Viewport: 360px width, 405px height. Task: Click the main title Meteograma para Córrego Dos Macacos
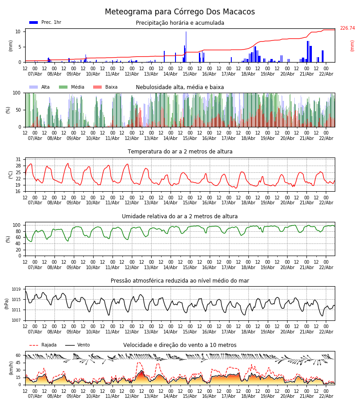[180, 12]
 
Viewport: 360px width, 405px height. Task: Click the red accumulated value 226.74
[347, 28]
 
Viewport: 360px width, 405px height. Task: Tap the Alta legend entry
[45, 87]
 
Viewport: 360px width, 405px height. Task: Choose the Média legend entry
[77, 87]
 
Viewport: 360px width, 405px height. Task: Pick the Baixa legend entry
[111, 87]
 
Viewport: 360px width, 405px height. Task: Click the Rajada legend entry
[49, 345]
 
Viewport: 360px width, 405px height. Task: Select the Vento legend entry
[84, 345]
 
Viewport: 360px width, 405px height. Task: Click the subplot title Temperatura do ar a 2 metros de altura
[180, 152]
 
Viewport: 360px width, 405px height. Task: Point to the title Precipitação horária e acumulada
[180, 23]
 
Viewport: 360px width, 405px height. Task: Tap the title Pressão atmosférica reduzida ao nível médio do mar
[180, 281]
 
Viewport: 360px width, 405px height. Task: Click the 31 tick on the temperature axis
[18, 160]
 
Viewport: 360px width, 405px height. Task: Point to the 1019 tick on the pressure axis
[17, 289]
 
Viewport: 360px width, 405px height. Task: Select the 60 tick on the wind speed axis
[18, 355]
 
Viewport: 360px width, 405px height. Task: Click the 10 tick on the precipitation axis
[18, 31]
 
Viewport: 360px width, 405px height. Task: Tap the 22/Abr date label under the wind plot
[326, 396]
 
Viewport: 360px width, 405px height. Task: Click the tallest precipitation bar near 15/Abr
[186, 46]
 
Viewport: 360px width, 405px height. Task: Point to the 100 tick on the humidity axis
[17, 225]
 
